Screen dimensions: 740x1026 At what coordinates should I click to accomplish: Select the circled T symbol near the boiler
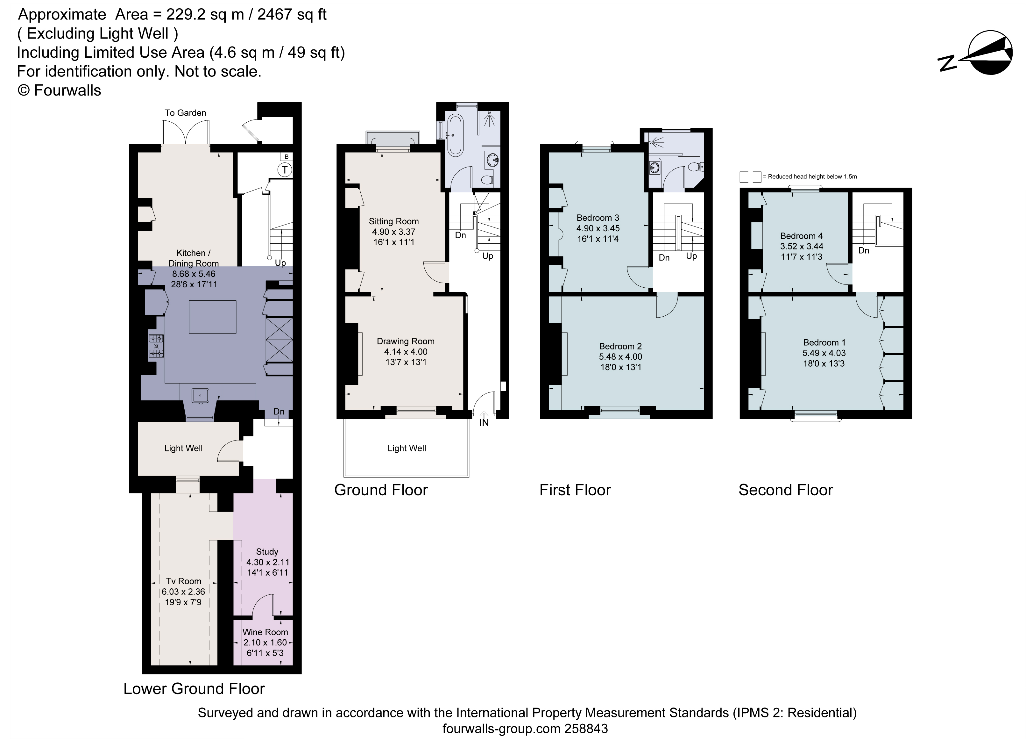(x=285, y=170)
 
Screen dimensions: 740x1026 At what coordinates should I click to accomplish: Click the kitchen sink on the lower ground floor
(x=200, y=395)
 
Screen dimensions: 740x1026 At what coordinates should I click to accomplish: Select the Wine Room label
(x=265, y=632)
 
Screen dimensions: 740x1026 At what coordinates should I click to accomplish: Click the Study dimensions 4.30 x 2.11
(x=267, y=562)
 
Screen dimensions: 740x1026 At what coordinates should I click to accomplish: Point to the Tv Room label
(x=183, y=581)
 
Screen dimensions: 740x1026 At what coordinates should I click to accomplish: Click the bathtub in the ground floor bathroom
(x=455, y=134)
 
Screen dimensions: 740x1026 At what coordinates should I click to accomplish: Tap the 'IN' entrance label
(x=484, y=423)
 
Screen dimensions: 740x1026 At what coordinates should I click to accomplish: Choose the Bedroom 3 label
(x=598, y=218)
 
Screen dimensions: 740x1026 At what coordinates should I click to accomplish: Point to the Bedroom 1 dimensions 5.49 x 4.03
(x=824, y=353)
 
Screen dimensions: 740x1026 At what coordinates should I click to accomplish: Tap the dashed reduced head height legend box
(x=750, y=176)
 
